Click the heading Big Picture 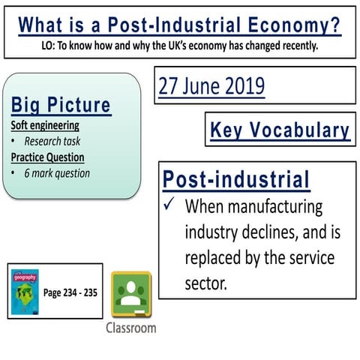61,104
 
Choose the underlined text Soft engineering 45,125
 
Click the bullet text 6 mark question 57,173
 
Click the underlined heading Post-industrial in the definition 235,180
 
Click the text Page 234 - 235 70,292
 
